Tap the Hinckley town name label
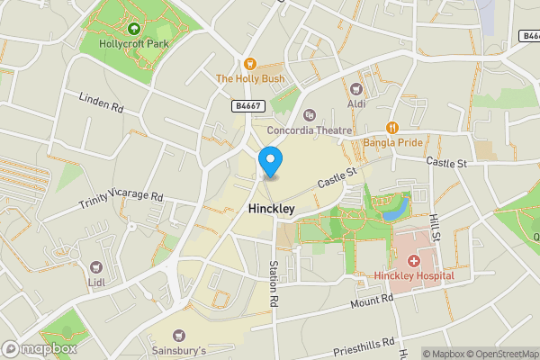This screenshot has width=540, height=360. pos(271,208)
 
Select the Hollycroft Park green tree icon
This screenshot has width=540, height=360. pos(134,29)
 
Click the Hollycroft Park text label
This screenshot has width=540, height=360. pos(134,43)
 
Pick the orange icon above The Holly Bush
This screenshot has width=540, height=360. pos(251,64)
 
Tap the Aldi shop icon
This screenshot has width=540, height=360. pos(355,89)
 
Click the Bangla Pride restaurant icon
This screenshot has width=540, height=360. pos(392,128)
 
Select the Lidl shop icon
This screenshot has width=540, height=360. pos(95,266)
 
